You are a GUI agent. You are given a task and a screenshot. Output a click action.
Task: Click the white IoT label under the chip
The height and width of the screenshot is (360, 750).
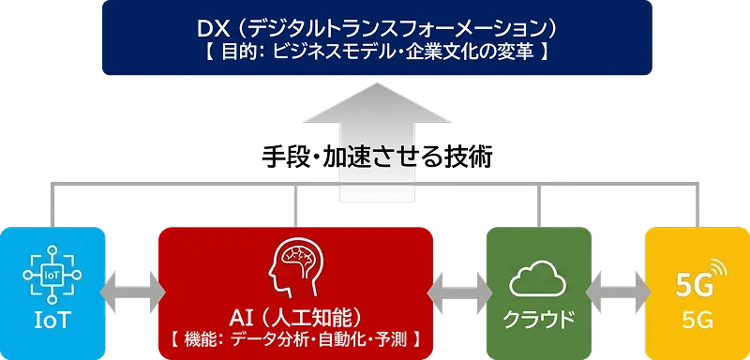coord(52,322)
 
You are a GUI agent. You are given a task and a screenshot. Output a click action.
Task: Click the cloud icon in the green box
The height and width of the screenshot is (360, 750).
coord(538,278)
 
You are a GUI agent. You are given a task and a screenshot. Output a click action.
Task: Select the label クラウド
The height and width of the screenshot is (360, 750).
coord(538,319)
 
